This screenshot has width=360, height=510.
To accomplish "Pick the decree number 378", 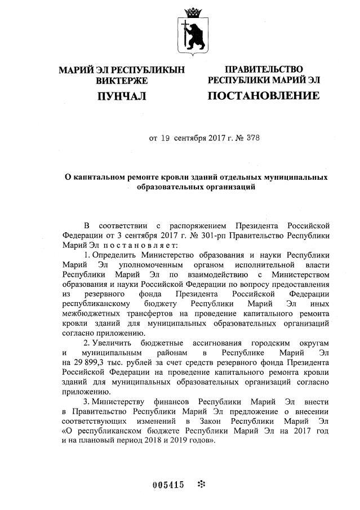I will [252, 137].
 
